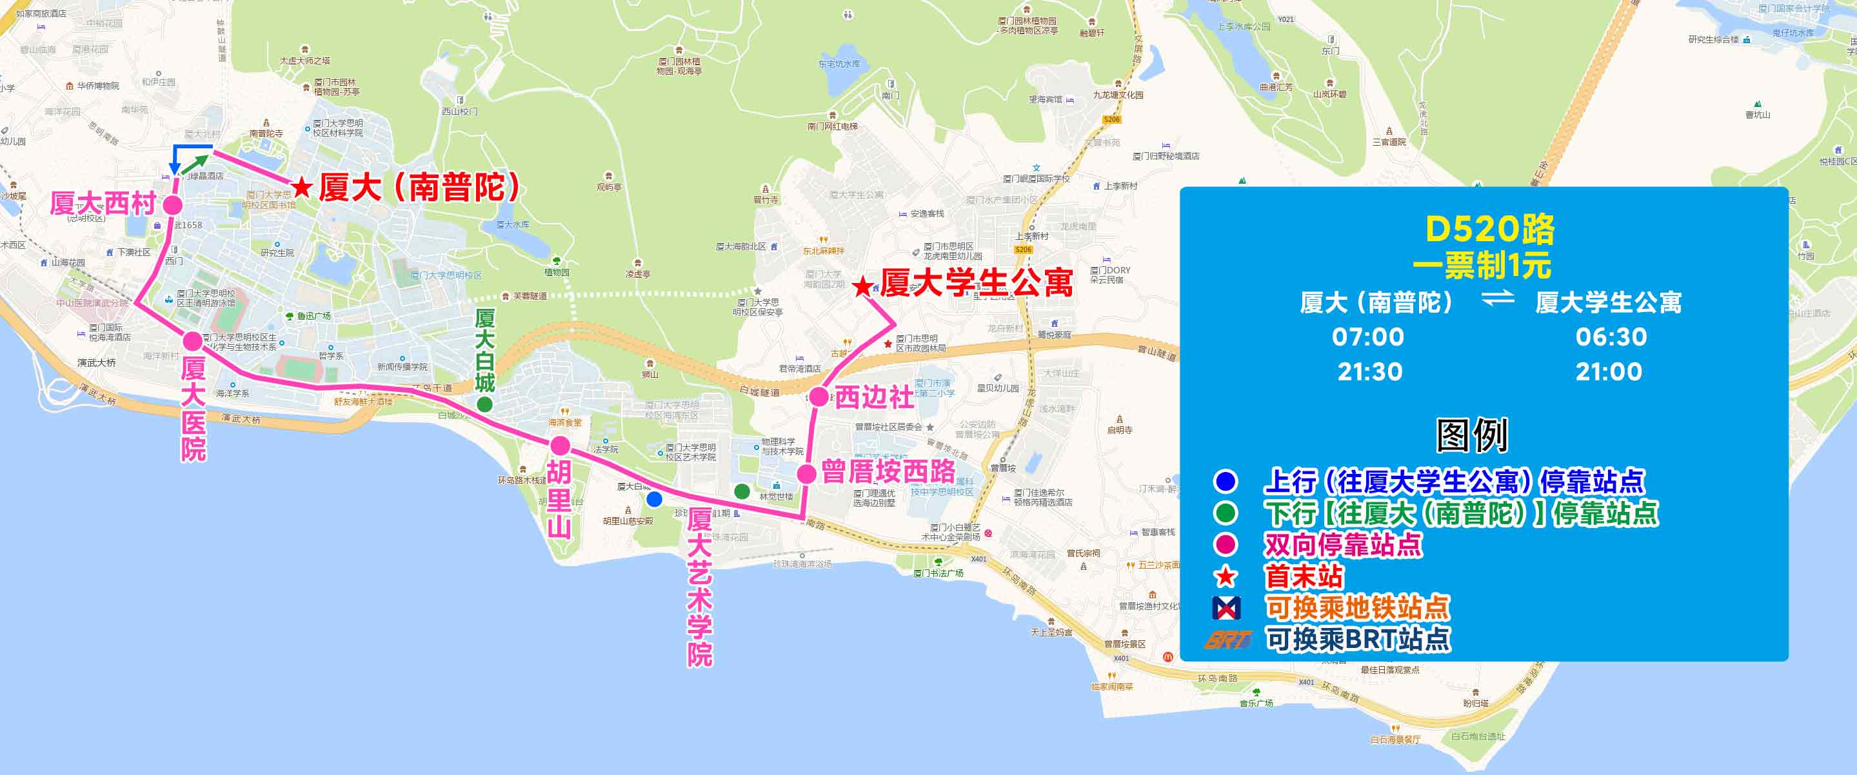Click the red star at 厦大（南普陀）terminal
301,188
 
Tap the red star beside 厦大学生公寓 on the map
862,287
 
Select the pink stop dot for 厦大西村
173,205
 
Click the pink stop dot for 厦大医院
192,341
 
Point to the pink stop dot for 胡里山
560,445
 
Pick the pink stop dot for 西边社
819,396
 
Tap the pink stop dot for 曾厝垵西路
807,474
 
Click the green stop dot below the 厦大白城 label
485,404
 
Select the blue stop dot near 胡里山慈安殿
654,499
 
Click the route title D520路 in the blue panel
1489,230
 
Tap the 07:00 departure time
1367,337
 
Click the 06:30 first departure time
1611,337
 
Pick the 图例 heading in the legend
1472,435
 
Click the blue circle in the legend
1226,481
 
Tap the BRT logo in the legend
1227,640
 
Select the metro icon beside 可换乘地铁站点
1226,609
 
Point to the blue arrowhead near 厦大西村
174,170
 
